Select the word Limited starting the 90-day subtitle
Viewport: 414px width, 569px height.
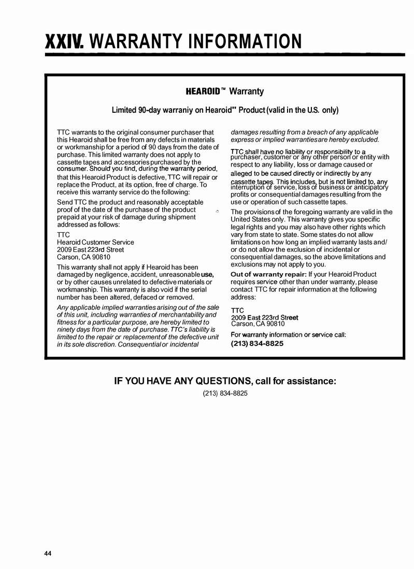click(x=126, y=110)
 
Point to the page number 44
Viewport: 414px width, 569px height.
click(x=48, y=554)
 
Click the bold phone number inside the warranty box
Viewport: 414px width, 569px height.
click(x=257, y=343)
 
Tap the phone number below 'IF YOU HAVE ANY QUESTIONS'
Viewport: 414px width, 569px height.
click(x=225, y=393)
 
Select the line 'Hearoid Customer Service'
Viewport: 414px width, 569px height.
click(x=95, y=242)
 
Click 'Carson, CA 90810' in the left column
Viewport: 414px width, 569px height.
click(x=83, y=257)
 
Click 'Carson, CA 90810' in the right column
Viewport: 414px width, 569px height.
click(x=258, y=324)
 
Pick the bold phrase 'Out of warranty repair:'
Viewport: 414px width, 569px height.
click(x=268, y=274)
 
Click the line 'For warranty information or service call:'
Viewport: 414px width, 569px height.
click(x=288, y=335)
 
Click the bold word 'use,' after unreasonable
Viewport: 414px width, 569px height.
click(x=207, y=274)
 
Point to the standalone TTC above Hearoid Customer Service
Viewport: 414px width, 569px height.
click(x=63, y=235)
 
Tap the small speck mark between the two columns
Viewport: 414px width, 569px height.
click(x=218, y=212)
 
